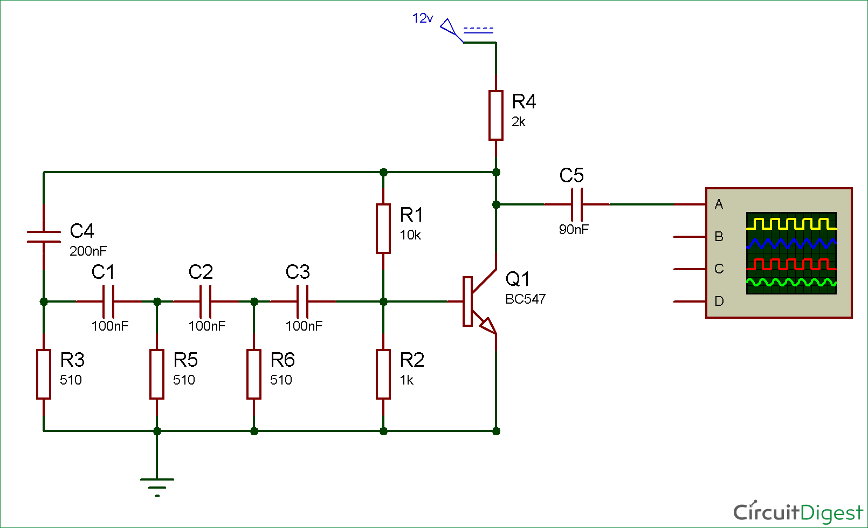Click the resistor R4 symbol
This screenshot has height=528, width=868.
click(x=496, y=115)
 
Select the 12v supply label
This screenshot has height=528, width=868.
click(x=422, y=18)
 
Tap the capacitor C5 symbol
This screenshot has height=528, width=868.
click(x=577, y=204)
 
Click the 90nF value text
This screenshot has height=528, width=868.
click(x=574, y=230)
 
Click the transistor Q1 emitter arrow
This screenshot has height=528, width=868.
click(x=487, y=325)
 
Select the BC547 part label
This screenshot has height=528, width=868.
click(x=525, y=299)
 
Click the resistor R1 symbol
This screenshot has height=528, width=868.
click(x=383, y=229)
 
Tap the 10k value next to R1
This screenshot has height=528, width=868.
click(x=410, y=235)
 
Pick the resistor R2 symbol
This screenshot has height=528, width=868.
click(x=383, y=374)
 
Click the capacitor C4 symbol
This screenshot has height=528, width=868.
click(x=44, y=236)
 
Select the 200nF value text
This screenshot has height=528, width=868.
click(x=88, y=251)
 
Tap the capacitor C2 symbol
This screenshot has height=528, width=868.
click(x=205, y=301)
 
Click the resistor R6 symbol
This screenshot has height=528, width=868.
click(x=254, y=374)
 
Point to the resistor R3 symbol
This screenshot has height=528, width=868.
click(x=44, y=374)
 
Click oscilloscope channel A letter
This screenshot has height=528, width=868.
click(x=719, y=204)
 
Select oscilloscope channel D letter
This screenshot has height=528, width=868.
click(x=719, y=301)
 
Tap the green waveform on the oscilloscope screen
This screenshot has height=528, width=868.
click(x=791, y=282)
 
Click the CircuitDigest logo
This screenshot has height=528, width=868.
click(x=797, y=512)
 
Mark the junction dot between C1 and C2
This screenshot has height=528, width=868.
click(x=157, y=301)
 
